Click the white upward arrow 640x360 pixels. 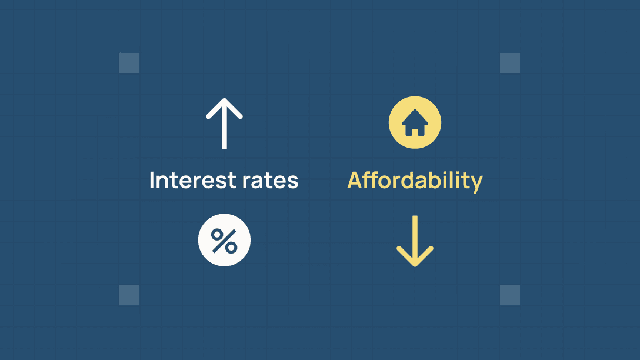pos(224,124)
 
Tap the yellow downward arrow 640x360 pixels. pos(415,241)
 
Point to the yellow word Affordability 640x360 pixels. pos(415,181)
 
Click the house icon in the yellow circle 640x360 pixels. pos(415,122)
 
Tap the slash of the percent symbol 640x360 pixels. pos(224,241)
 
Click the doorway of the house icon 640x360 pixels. pos(415,132)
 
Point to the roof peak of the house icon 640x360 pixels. pos(415,110)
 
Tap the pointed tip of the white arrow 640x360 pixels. pos(224,98)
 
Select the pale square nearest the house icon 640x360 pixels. pos(510,63)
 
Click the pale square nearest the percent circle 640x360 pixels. pos(129,295)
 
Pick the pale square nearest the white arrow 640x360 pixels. pos(129,63)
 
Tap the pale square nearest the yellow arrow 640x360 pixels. pos(510,295)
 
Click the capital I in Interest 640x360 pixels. pos(152,180)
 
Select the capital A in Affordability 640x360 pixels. pos(355,181)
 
